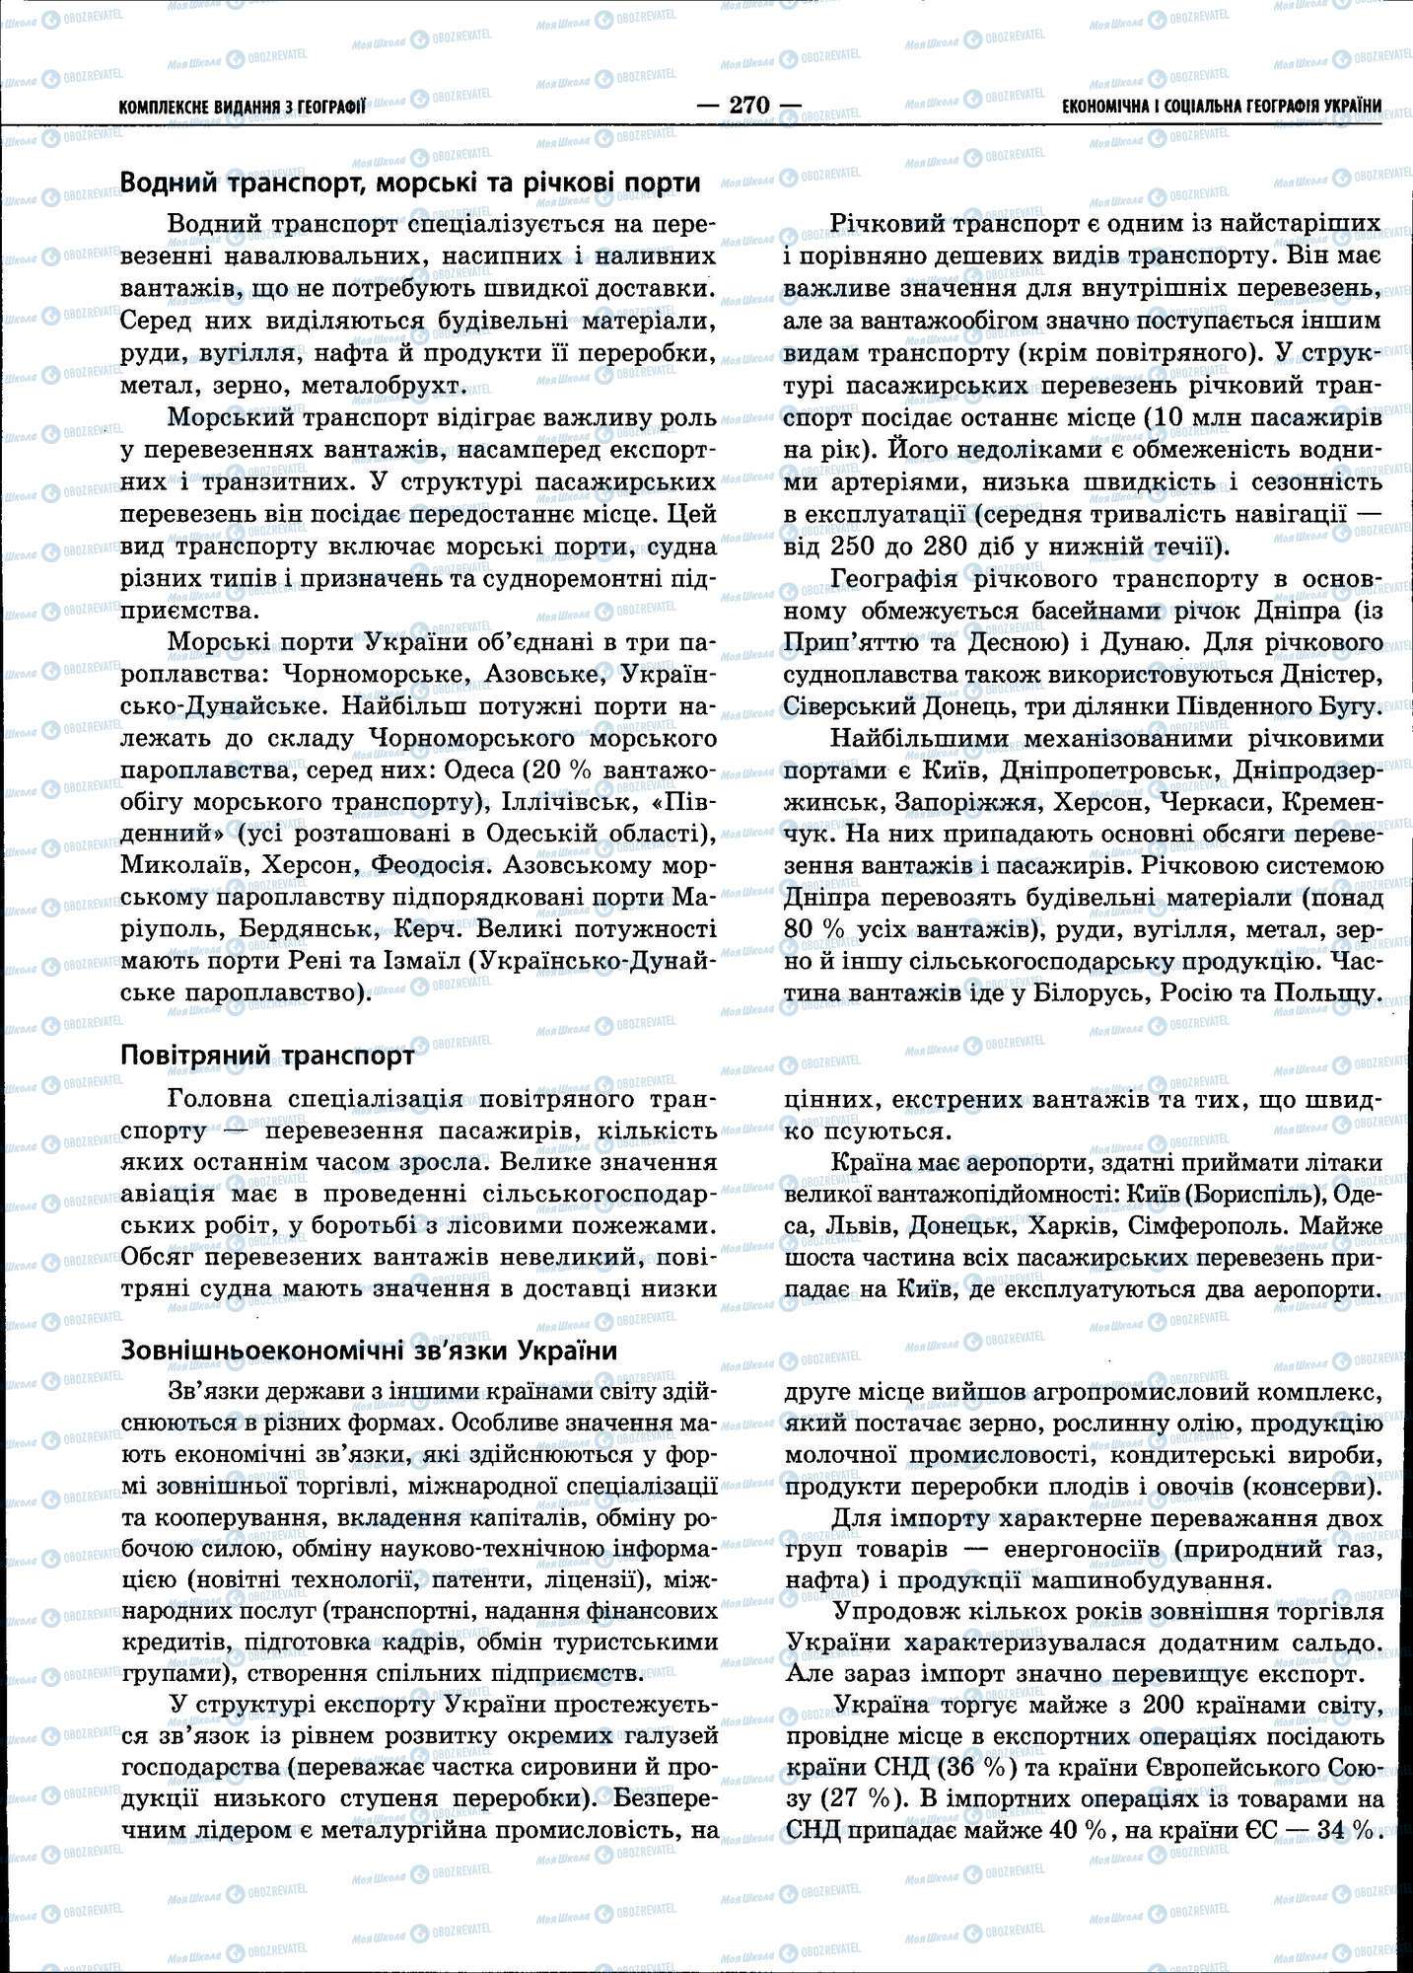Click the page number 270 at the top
[747, 105]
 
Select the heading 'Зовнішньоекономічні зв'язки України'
[369, 1351]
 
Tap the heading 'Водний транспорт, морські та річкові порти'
[410, 183]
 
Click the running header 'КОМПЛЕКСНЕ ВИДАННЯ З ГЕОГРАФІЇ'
[242, 107]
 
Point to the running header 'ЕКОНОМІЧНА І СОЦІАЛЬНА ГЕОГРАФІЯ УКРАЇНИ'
[1222, 106]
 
